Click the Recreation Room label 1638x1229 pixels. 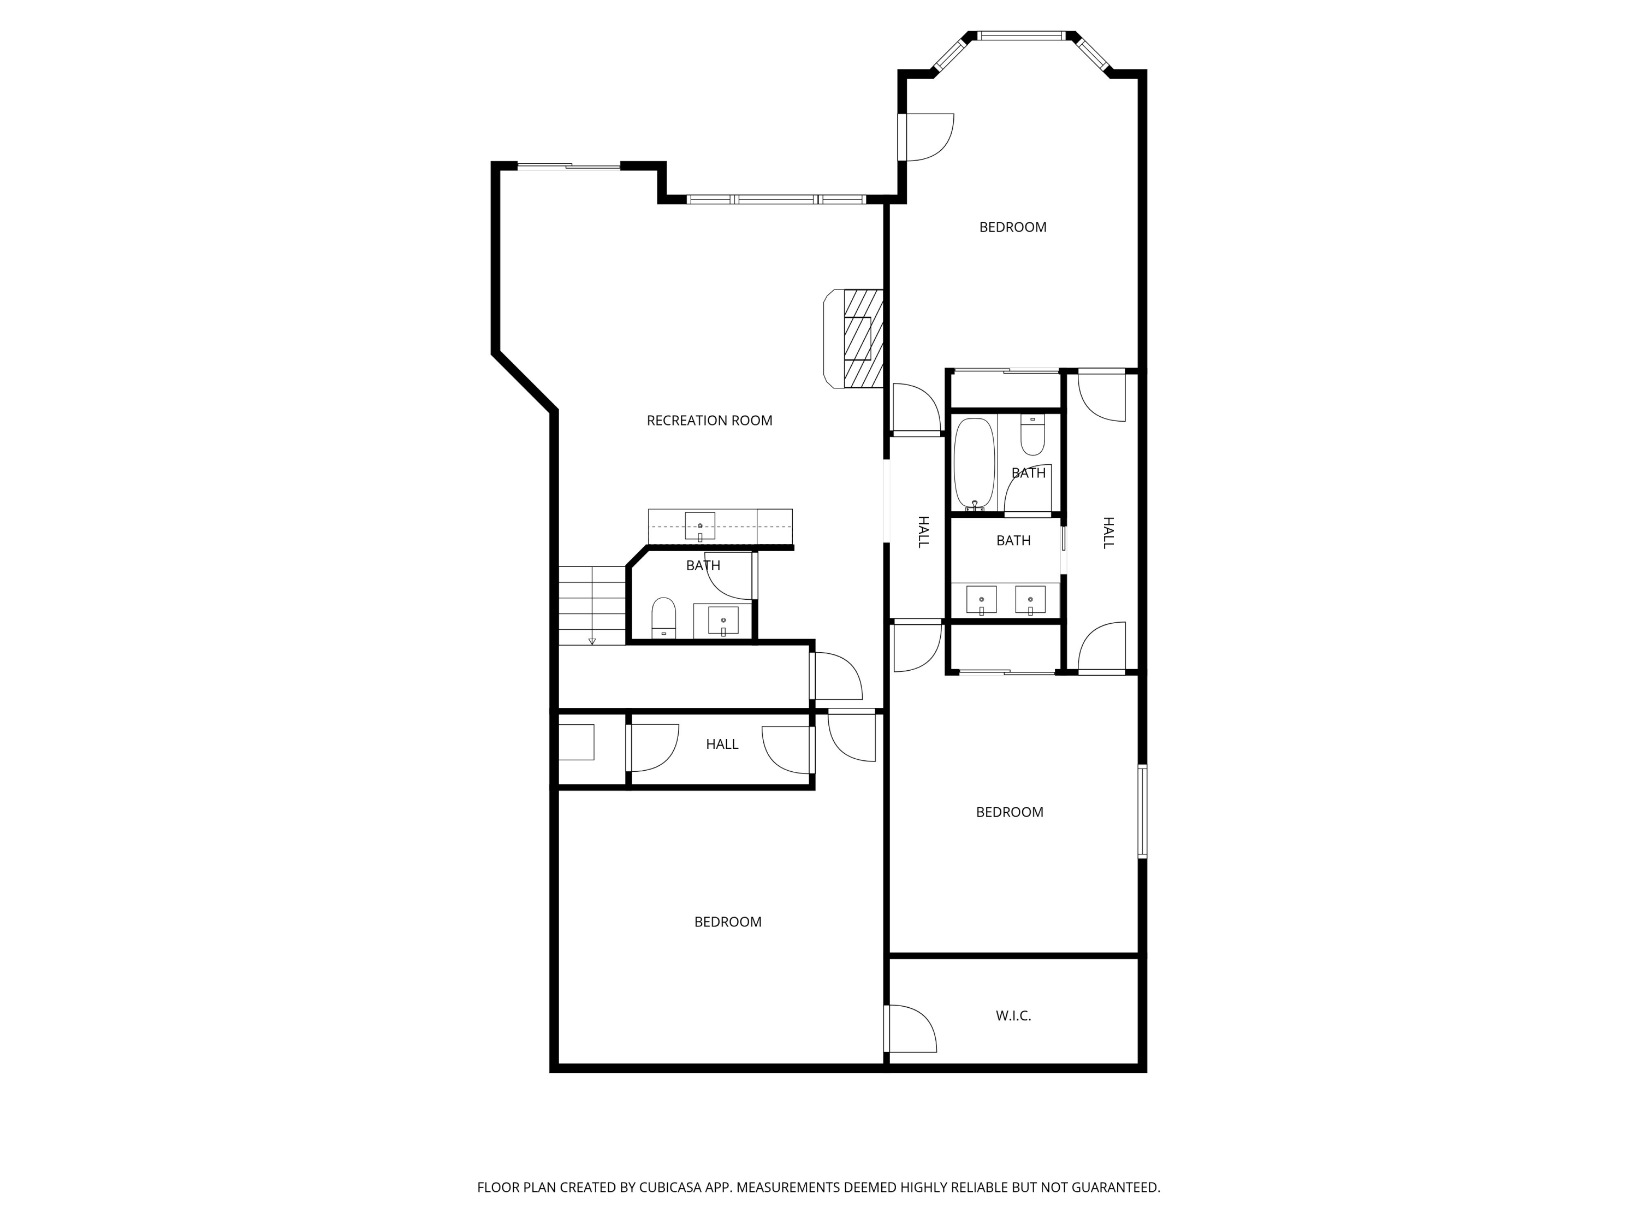click(709, 421)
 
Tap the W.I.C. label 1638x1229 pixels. click(1013, 1015)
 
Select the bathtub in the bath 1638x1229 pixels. click(974, 464)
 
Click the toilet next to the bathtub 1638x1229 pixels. click(1032, 434)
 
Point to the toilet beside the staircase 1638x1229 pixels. click(663, 618)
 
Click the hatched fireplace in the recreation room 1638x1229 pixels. click(863, 339)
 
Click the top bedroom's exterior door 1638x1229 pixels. click(925, 137)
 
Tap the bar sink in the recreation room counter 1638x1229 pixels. click(700, 526)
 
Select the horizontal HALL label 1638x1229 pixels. click(722, 745)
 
